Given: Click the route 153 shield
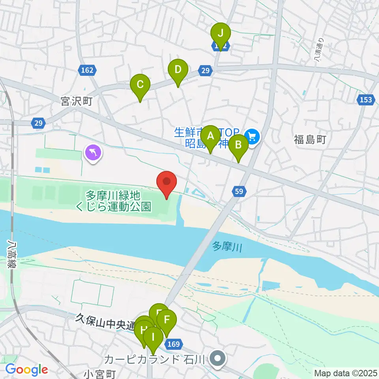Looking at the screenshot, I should pyautogui.click(x=366, y=99).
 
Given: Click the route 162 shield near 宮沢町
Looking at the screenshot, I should pyautogui.click(x=87, y=70).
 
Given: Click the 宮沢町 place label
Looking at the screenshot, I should pyautogui.click(x=77, y=101).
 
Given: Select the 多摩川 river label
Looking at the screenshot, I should pyautogui.click(x=227, y=247).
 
